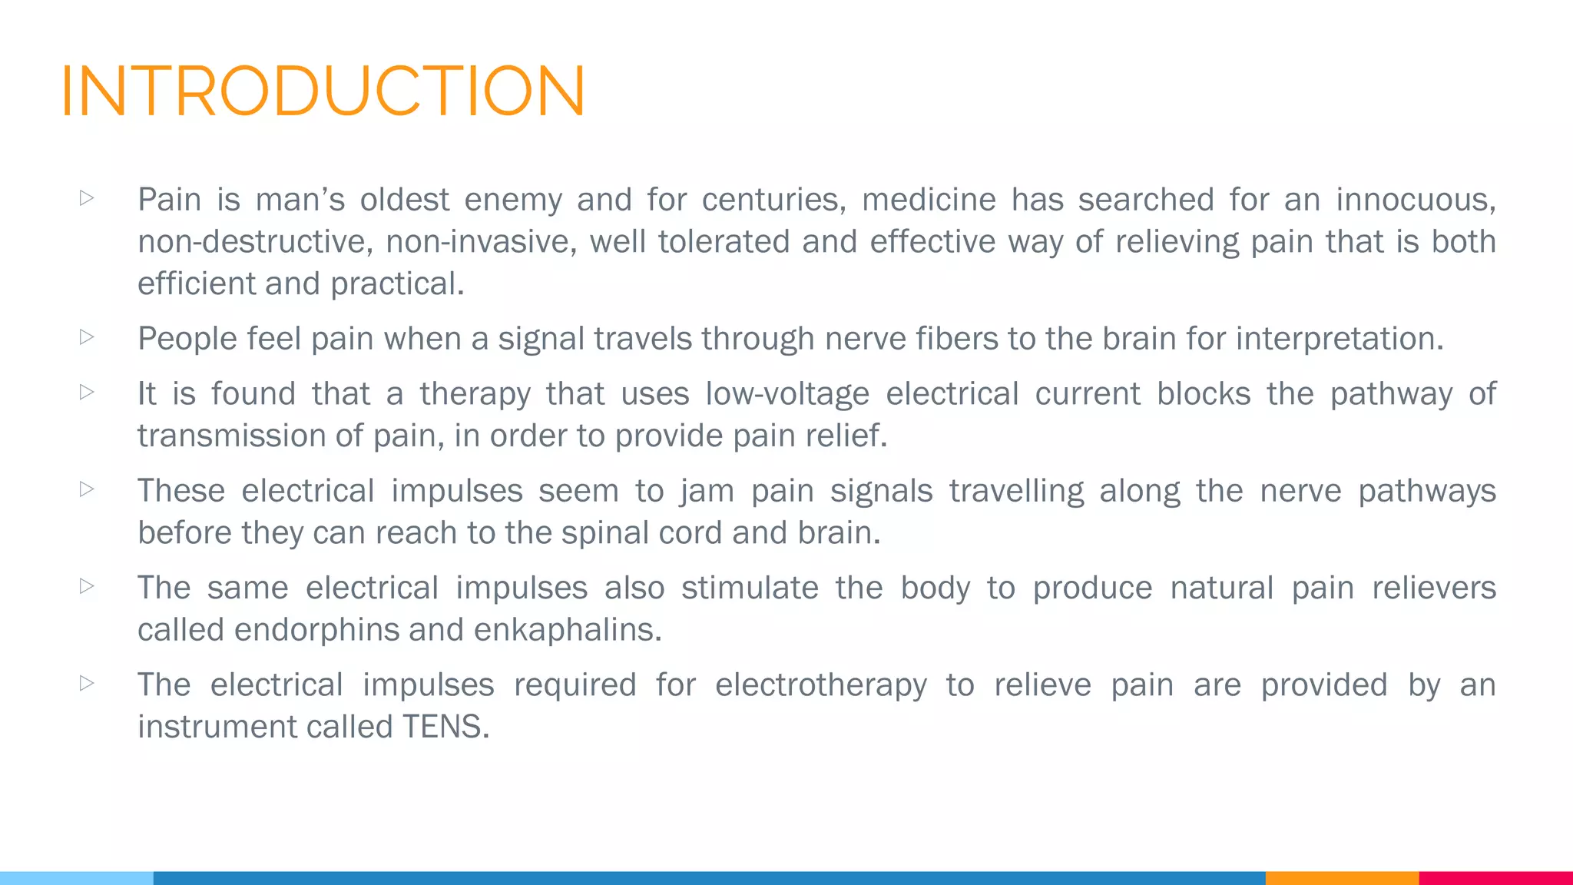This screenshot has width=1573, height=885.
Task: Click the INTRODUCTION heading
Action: point(323,91)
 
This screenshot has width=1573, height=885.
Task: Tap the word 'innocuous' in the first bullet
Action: point(1415,200)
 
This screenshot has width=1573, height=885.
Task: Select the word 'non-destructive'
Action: point(255,242)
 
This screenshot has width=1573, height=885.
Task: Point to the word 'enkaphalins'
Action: point(567,630)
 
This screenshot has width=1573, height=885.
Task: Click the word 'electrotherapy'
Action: point(821,685)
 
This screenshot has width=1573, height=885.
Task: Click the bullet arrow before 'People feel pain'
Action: point(87,337)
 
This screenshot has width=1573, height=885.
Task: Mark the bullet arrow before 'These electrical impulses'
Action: point(87,489)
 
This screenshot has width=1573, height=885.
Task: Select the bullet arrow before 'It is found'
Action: point(87,393)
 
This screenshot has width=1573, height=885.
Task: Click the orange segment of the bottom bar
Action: point(1342,878)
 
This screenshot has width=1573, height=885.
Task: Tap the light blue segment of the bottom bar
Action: point(77,878)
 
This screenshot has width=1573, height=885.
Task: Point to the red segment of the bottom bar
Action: point(1495,878)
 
